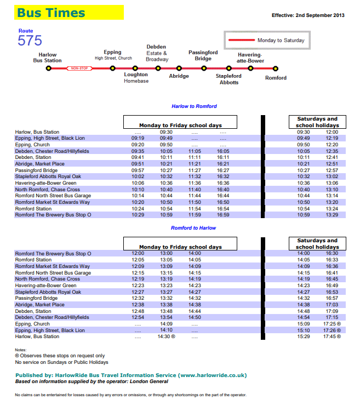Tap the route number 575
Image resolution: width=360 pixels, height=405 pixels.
click(30, 41)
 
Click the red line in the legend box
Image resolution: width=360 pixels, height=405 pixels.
click(241, 40)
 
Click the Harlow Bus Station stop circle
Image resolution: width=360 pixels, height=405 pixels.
click(48, 69)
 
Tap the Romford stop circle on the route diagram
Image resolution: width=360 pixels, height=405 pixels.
click(276, 69)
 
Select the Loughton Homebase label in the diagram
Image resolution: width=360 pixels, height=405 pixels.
click(136, 78)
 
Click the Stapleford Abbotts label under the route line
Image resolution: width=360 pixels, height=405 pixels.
click(228, 79)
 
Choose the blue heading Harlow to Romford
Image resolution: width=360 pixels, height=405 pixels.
click(194, 106)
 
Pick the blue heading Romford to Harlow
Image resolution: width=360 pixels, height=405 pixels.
click(193, 228)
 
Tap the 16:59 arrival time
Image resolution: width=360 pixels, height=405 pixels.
click(223, 215)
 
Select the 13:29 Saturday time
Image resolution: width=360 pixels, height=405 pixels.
click(332, 215)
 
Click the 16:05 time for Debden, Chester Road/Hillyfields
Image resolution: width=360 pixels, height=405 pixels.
click(223, 151)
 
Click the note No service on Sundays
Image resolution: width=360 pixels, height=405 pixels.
click(61, 362)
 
